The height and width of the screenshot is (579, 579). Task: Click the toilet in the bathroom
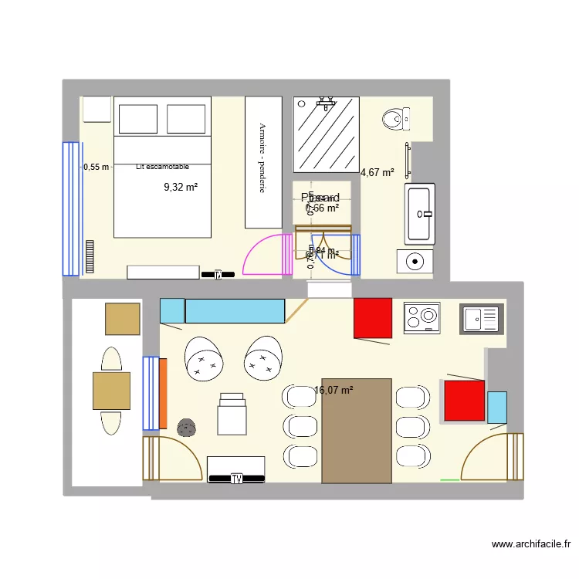[393, 119]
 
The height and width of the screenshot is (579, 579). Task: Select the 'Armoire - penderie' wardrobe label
[262, 158]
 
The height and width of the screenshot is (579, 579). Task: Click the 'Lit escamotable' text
[161, 166]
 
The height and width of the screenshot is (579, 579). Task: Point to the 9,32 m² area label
[181, 186]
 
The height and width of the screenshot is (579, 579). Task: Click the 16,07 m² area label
[334, 391]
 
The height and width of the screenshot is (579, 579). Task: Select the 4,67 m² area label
[378, 173]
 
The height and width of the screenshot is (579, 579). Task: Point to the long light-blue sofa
[234, 310]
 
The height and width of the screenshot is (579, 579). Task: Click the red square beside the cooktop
[373, 318]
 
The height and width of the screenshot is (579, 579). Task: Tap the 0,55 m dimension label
[96, 166]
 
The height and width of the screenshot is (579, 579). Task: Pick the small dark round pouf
[186, 428]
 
